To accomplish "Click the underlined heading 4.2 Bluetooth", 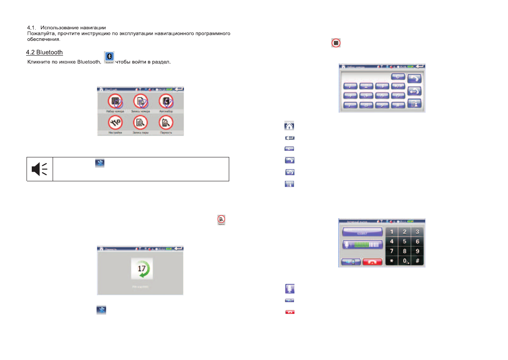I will click(x=44, y=53).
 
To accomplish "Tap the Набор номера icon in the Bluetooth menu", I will click(x=115, y=101).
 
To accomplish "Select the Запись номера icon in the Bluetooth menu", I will click(x=140, y=101).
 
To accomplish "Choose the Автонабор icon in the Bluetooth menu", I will click(x=166, y=101).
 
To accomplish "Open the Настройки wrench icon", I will click(x=115, y=123).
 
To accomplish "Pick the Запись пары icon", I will click(x=140, y=123).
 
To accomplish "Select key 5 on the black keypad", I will click(x=405, y=241).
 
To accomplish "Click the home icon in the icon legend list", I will click(x=290, y=127).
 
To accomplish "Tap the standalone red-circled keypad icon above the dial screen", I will click(x=336, y=43).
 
